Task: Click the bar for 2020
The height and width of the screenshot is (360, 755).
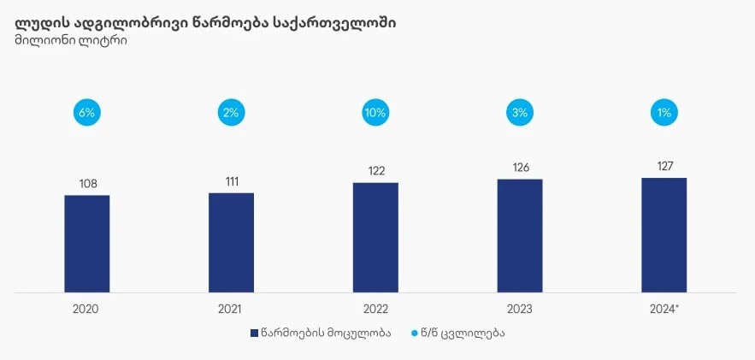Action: (x=87, y=244)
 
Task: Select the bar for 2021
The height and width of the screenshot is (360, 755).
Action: (x=231, y=243)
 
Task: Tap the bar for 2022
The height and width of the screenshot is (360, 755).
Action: (x=375, y=238)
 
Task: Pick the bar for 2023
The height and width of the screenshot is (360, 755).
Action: (x=520, y=236)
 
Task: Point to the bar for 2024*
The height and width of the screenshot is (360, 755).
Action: (x=664, y=235)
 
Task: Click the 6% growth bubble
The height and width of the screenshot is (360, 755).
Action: (x=87, y=112)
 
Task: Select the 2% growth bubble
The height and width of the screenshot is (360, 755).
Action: (x=231, y=112)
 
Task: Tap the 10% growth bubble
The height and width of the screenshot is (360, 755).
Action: (x=375, y=112)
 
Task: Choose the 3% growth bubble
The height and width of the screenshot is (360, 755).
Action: (x=520, y=112)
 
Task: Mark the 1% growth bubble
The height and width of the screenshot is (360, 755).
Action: (x=664, y=112)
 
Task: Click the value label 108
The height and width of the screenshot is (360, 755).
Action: (x=87, y=184)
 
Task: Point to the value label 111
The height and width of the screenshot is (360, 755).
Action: (x=231, y=181)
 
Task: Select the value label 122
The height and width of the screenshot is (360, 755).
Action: (x=375, y=171)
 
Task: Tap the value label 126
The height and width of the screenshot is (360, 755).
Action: (x=520, y=168)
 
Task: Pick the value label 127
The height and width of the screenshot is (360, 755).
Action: (x=664, y=167)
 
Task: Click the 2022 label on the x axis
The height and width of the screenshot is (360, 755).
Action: (x=375, y=308)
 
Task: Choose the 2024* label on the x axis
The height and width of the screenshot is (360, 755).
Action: (x=664, y=308)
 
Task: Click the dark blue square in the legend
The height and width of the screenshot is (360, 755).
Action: (x=254, y=333)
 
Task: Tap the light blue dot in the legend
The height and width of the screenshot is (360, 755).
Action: (x=415, y=333)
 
